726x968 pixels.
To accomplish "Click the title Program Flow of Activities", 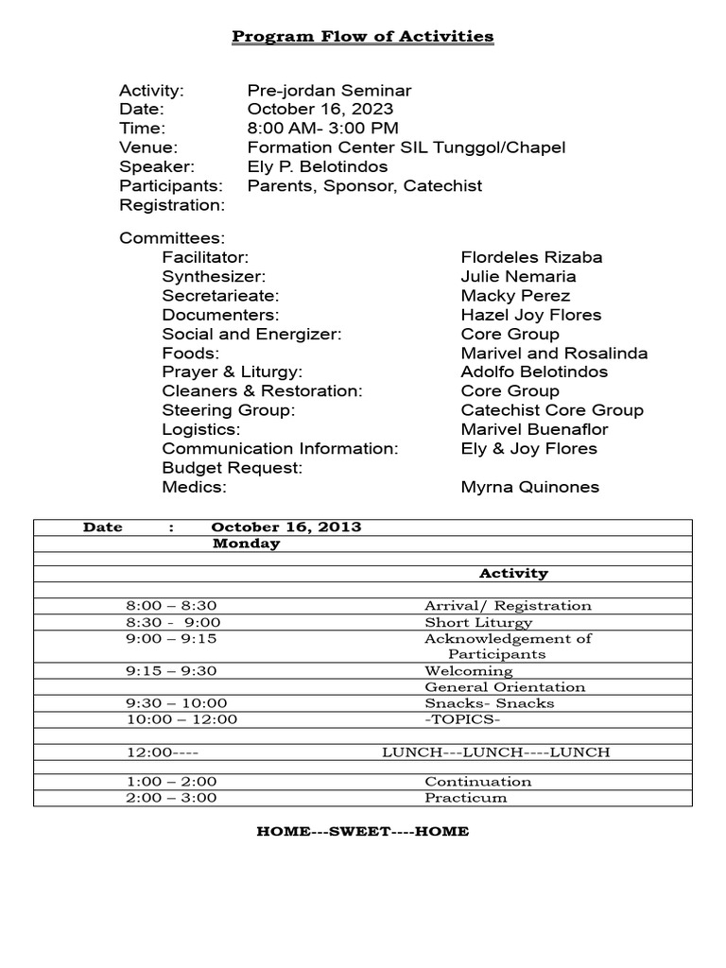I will pos(363,37).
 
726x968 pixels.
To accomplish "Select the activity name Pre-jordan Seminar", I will pos(329,91).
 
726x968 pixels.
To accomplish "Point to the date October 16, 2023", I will pos(320,110).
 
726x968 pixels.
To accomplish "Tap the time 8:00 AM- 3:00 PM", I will pos(322,129).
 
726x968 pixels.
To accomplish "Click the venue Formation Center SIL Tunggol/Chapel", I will pos(406,147).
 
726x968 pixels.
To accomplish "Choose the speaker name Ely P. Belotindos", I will pos(318,166).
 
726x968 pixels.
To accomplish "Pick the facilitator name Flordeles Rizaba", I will pos(531,257).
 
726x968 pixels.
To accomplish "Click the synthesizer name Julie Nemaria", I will pos(518,277).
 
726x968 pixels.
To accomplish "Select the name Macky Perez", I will pos(515,296).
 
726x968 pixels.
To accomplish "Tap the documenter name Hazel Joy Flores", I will pos(530,315).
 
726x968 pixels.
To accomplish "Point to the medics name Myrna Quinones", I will pos(529,487).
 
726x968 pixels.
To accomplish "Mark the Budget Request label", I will pos(232,468).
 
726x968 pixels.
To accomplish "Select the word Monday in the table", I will pos(246,544).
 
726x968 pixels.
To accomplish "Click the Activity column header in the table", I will pos(513,573).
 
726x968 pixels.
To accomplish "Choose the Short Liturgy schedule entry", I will pos(478,622).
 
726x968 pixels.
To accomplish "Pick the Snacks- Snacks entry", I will pos(489,703).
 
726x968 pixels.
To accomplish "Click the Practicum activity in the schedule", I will pos(465,798).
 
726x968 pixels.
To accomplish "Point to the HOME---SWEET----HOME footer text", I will pos(363,832).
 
